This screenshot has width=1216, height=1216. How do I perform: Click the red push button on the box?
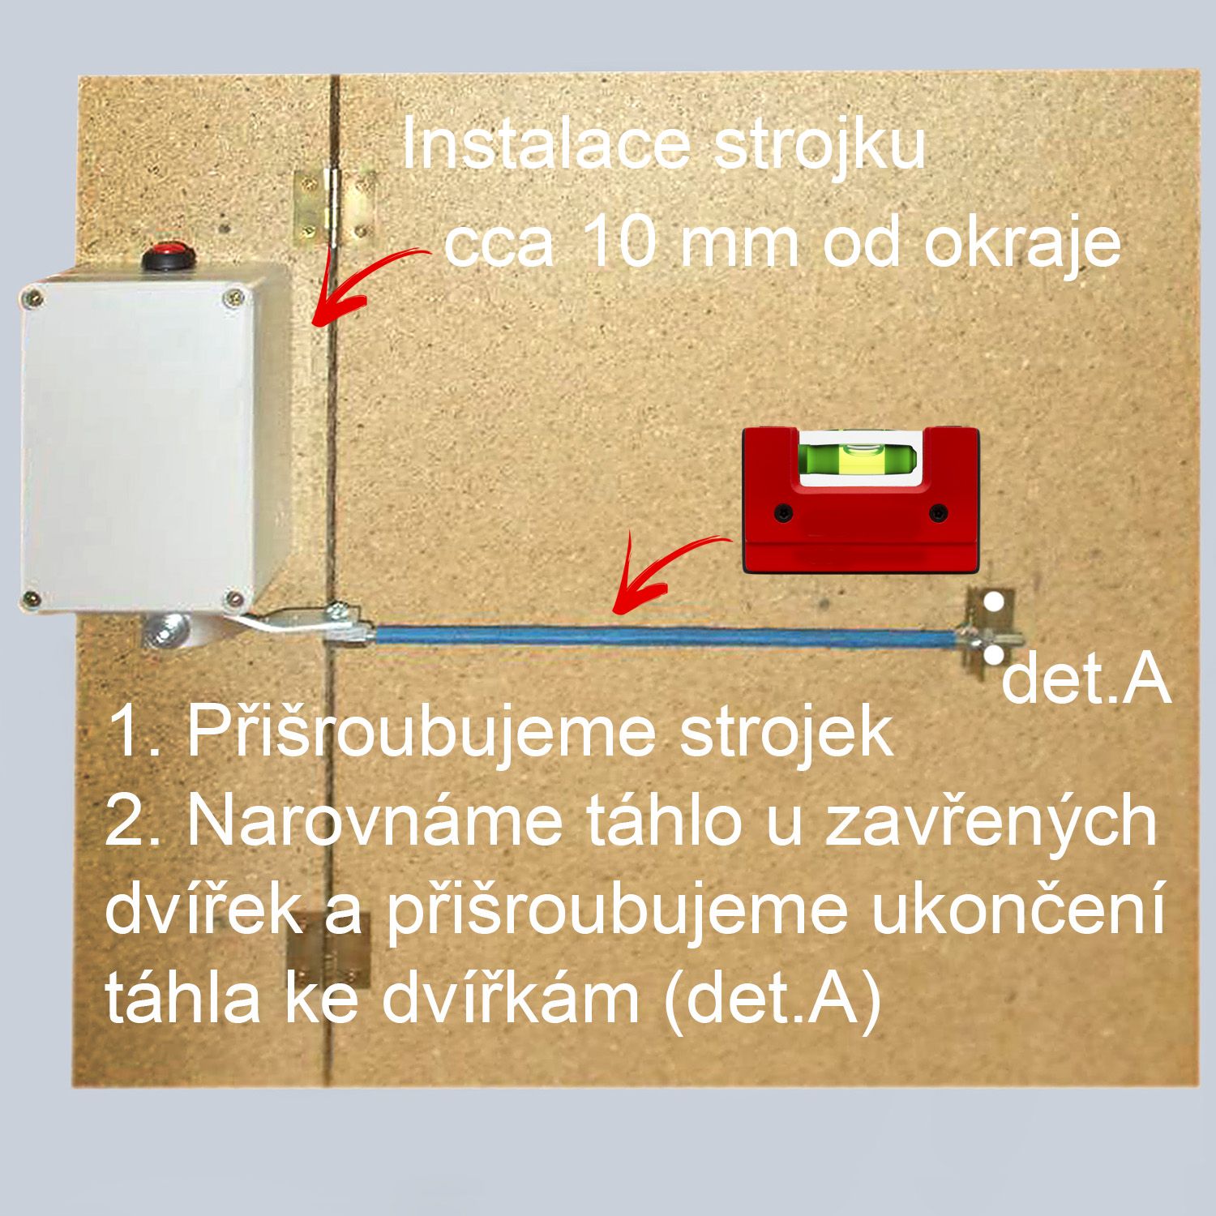pos(168,258)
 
